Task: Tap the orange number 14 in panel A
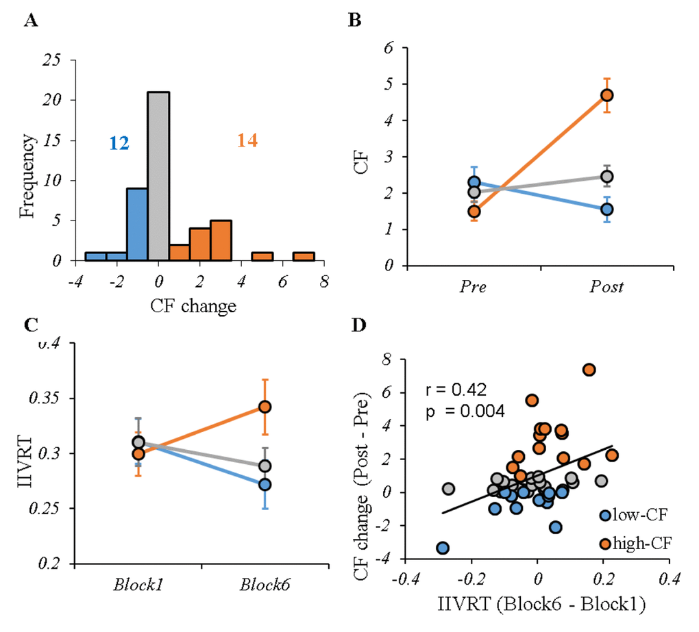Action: tap(247, 141)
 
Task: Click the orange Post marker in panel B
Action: tap(606, 95)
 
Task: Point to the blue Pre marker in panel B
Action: tap(474, 183)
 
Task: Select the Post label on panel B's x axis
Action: tap(606, 287)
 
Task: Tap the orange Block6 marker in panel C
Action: tap(265, 407)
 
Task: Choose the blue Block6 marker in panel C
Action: tap(265, 485)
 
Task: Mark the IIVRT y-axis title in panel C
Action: tap(25, 453)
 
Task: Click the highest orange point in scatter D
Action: tap(589, 370)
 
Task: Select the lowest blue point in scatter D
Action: tap(443, 548)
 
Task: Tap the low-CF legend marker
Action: tap(605, 516)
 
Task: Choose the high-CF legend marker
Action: tap(605, 543)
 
